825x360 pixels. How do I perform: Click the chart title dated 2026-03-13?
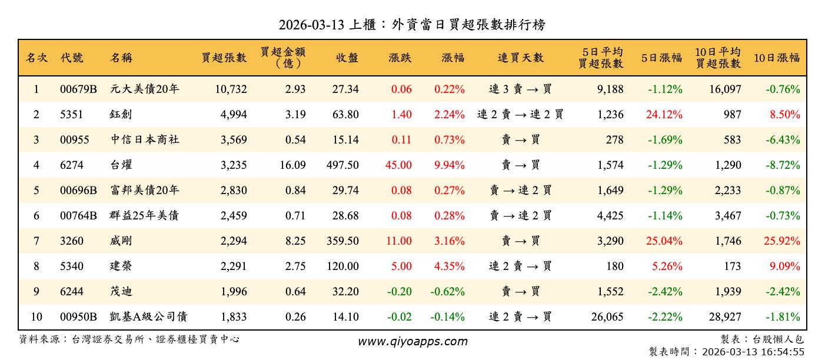click(412, 25)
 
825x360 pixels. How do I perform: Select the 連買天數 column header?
click(520, 58)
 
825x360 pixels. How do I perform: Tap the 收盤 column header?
click(347, 58)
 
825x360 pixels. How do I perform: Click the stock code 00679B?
click(78, 89)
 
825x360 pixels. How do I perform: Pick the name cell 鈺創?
click(121, 115)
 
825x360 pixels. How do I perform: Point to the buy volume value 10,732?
click(227, 89)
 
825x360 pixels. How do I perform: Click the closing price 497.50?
click(342, 165)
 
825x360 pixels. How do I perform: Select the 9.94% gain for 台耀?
click(450, 165)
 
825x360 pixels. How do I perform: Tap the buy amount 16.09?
click(292, 165)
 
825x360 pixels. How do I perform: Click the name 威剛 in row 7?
click(121, 241)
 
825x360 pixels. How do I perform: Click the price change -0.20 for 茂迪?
click(400, 291)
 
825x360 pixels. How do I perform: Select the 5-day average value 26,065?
click(607, 317)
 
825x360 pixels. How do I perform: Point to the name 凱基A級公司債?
click(148, 317)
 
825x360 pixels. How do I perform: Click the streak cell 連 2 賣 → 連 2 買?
click(520, 115)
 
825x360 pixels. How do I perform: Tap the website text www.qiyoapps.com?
click(412, 342)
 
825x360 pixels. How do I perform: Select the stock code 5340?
click(72, 266)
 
